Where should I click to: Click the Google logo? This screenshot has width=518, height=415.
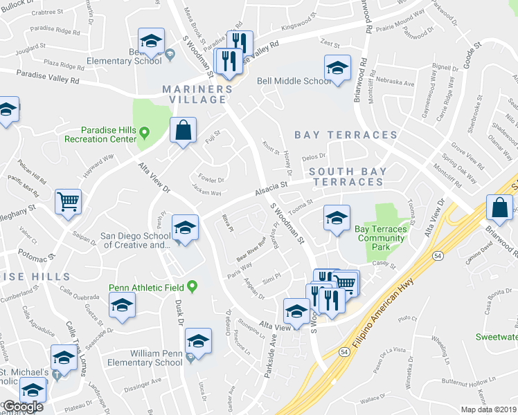pyautogui.click(x=23, y=407)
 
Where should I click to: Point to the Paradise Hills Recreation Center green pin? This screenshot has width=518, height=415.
pyautogui.click(x=144, y=131)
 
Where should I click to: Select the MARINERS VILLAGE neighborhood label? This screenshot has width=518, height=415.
pyautogui.click(x=195, y=94)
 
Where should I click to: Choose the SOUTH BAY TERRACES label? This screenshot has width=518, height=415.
pyautogui.click(x=346, y=176)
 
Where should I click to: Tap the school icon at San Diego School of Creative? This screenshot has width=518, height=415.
pyautogui.click(x=186, y=228)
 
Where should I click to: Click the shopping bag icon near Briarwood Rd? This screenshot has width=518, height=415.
pyautogui.click(x=500, y=207)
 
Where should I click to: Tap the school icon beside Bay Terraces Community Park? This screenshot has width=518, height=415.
pyautogui.click(x=337, y=219)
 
